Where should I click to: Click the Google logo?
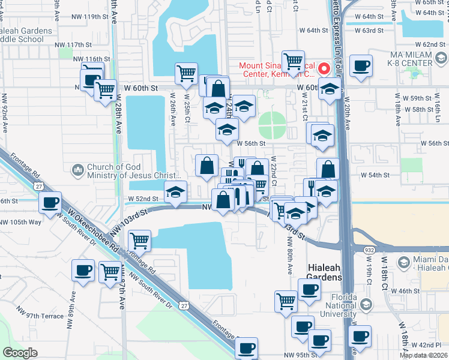20,353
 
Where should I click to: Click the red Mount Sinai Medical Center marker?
325,68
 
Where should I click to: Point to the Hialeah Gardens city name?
324,272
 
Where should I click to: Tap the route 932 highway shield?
369,247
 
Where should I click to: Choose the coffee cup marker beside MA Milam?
361,65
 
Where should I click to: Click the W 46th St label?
402,291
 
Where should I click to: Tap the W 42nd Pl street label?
429,345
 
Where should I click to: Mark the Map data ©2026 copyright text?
424,355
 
